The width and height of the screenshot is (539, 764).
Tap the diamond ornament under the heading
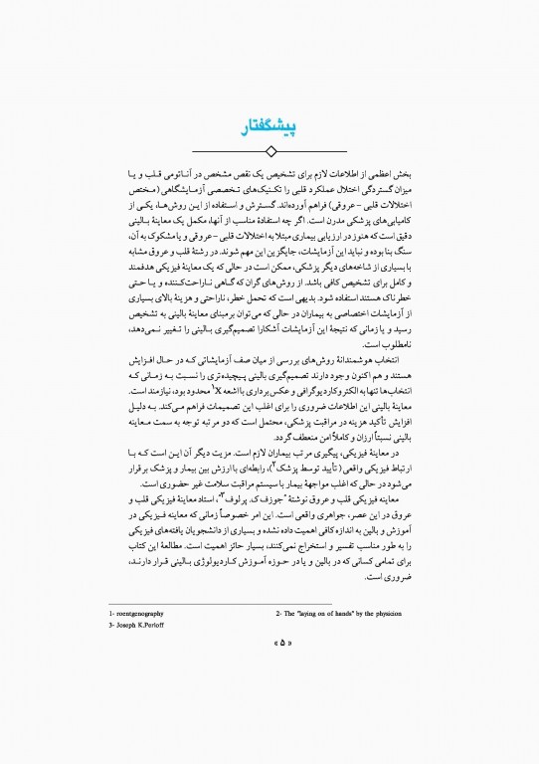269,150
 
